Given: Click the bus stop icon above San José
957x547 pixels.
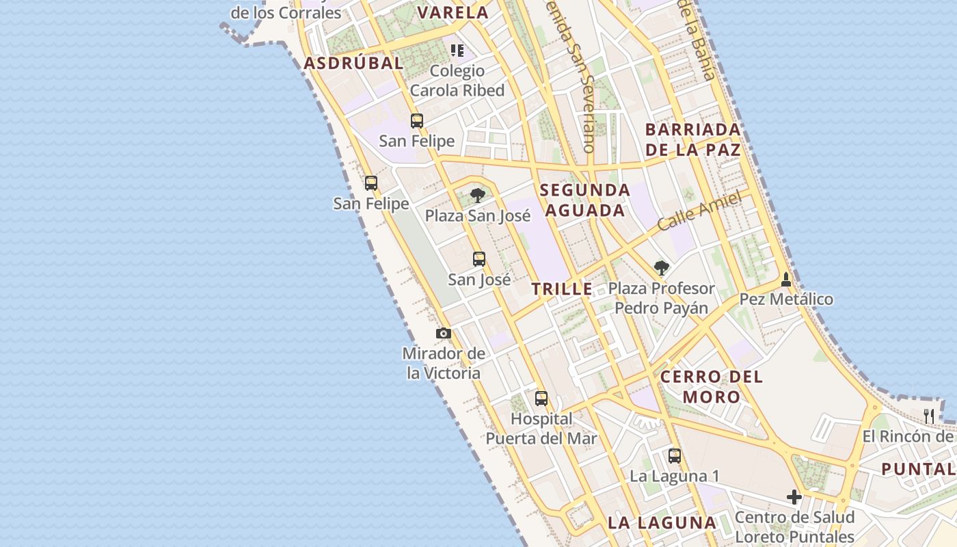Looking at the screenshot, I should tap(479, 259).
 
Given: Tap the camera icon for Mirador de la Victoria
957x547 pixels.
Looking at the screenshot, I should tap(444, 334).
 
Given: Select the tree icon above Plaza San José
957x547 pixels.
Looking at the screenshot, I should tap(478, 196).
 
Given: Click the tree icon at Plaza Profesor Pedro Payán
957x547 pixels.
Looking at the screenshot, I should tap(661, 267).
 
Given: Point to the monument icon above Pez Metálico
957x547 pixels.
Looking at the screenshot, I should tap(786, 279).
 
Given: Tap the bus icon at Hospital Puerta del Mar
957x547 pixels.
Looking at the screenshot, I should tap(541, 398).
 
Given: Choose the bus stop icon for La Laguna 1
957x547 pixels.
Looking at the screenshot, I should tap(675, 455).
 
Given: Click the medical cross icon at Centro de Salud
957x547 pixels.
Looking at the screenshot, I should tap(794, 497).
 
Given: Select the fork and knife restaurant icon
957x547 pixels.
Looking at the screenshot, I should tap(929, 416).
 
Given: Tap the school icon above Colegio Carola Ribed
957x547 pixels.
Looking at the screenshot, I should tap(457, 51).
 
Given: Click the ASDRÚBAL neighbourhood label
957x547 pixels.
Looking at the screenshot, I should tap(353, 64).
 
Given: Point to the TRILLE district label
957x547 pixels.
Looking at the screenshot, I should tap(563, 289).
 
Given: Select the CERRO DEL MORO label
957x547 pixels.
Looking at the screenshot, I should tap(712, 386).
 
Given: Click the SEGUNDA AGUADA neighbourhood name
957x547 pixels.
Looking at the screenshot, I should tap(584, 200).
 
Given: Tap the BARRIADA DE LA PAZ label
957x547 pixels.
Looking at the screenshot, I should tap(693, 139).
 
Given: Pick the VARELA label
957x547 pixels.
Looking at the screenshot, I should tap(453, 12).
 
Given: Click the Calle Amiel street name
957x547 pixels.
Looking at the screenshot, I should tap(699, 211).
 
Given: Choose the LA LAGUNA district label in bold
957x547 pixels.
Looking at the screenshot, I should tap(662, 523).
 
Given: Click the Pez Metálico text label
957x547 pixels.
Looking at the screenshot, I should tap(787, 299).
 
